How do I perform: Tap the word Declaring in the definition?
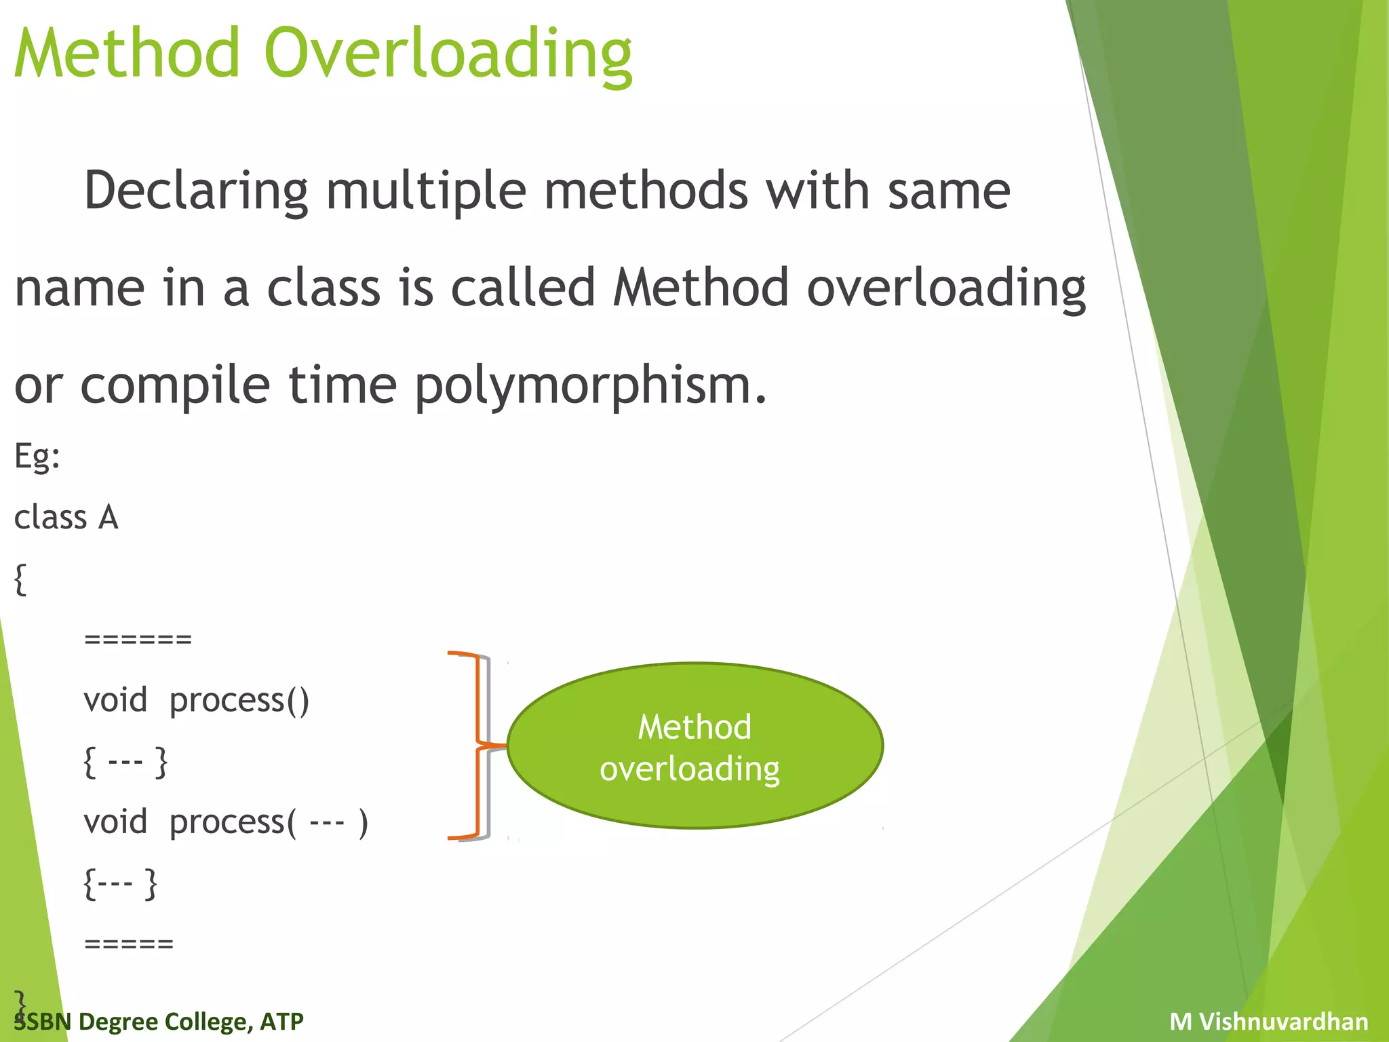click(195, 191)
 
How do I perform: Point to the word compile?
click(175, 385)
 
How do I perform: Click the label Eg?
click(37, 456)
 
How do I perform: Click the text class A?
click(66, 518)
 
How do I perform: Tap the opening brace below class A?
click(20, 579)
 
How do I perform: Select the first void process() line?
click(197, 700)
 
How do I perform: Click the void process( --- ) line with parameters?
click(226, 822)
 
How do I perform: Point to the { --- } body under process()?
click(125, 761)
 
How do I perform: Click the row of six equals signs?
click(138, 639)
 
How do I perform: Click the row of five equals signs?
click(129, 944)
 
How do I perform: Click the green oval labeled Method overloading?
click(694, 746)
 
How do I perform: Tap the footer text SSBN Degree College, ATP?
click(159, 1021)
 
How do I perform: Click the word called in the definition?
click(524, 288)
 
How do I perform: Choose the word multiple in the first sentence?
click(426, 191)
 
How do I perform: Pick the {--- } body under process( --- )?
click(120, 883)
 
